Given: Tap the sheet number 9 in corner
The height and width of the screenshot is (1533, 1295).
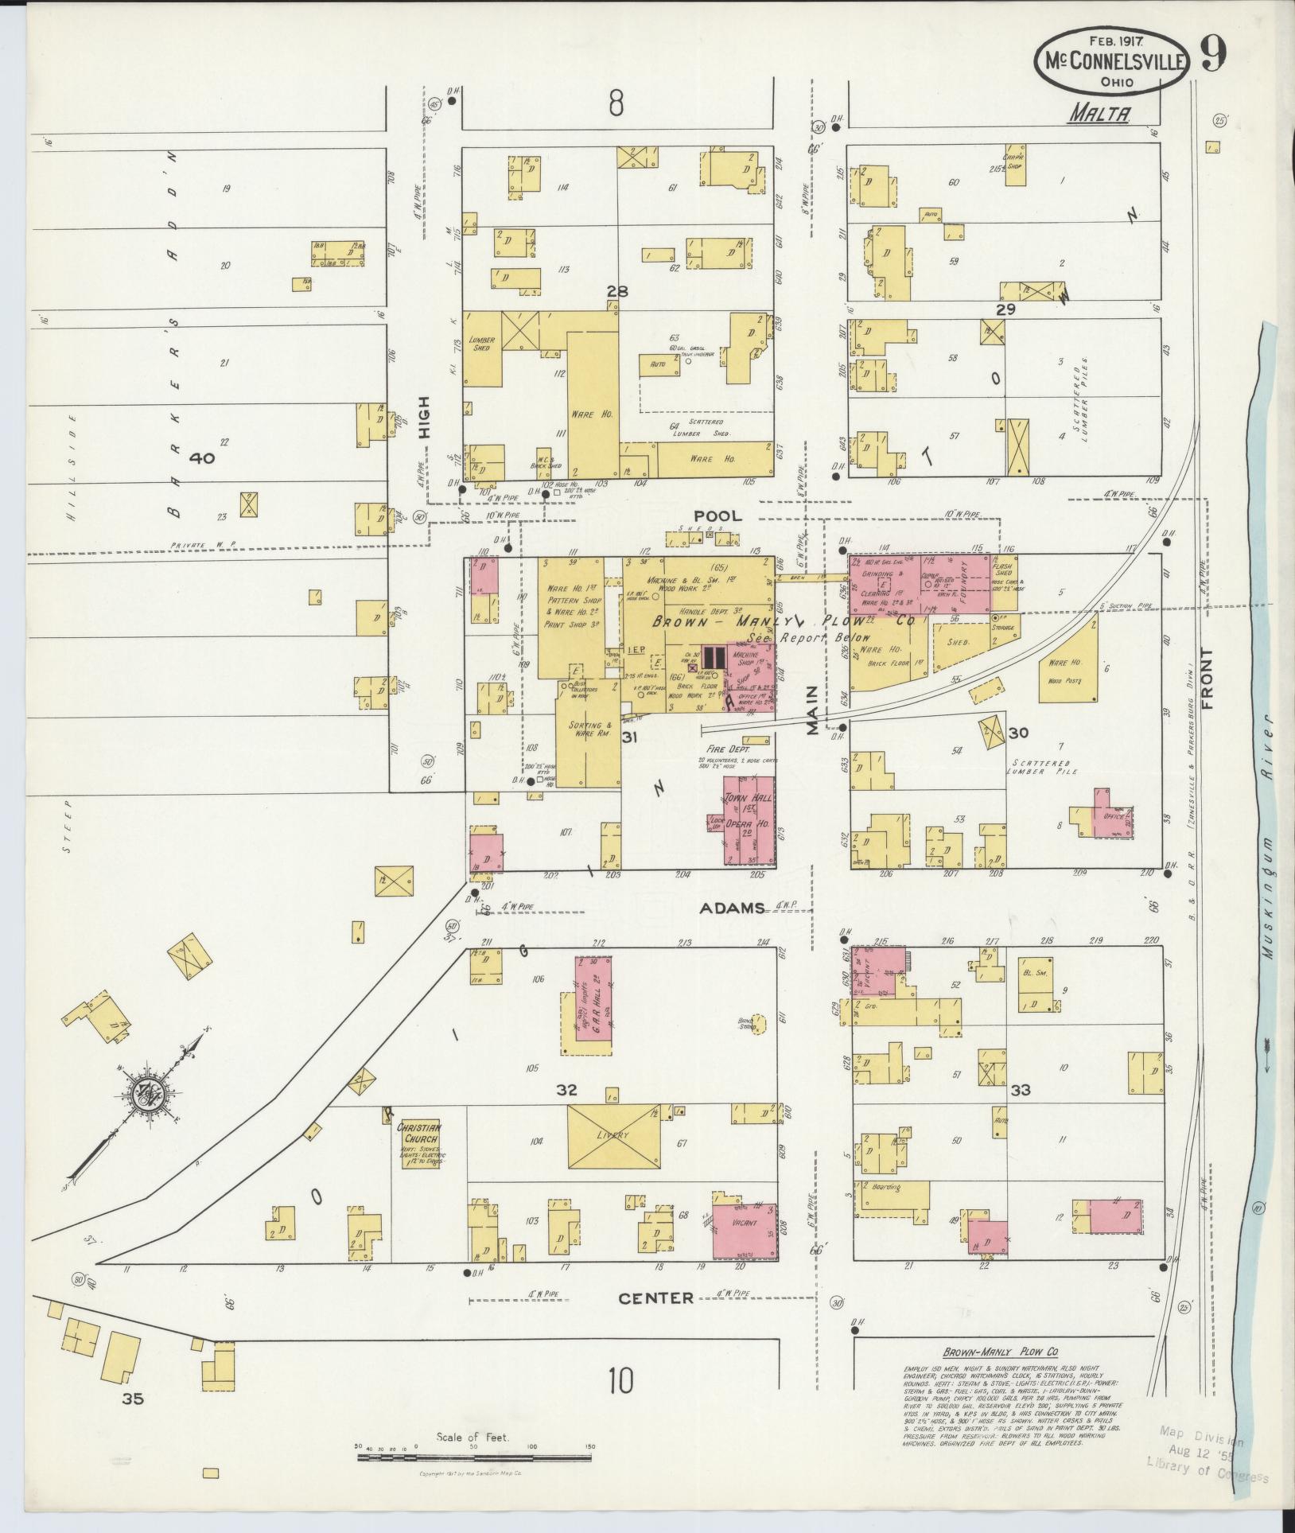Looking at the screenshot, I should (x=1212, y=53).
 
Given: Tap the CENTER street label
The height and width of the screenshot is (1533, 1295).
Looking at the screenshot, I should (x=656, y=1298).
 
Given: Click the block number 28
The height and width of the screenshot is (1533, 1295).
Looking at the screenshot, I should (x=617, y=291).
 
